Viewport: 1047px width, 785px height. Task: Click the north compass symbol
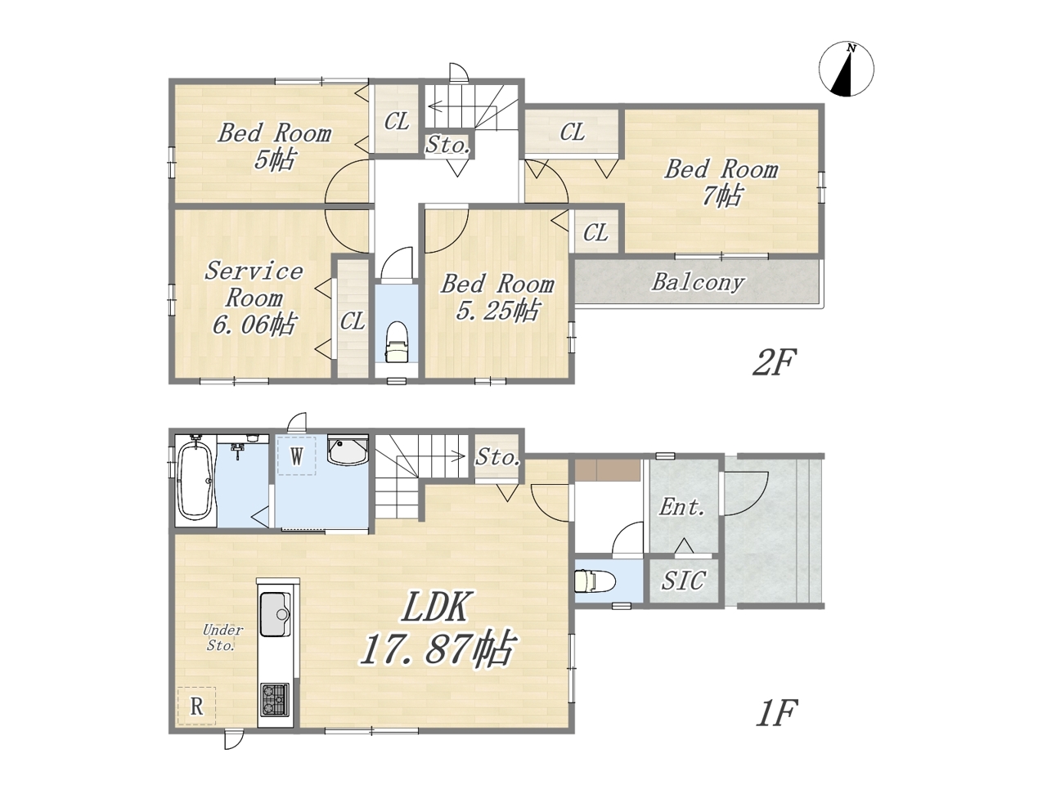(846, 69)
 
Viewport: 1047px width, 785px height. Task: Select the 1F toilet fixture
(595, 581)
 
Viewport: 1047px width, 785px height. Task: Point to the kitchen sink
(275, 614)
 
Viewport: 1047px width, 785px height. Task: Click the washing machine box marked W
(297, 455)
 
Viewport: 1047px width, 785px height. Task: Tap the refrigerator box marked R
(196, 706)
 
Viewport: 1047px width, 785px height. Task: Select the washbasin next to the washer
(348, 451)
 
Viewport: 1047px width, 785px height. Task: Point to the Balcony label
(698, 282)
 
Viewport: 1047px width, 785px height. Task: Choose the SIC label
(683, 581)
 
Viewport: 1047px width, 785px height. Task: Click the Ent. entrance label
(682, 507)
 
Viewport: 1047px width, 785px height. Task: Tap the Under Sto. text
(222, 638)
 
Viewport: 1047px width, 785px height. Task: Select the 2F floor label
(774, 362)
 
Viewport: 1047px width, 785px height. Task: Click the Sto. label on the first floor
(497, 458)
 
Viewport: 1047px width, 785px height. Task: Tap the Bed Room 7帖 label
(721, 182)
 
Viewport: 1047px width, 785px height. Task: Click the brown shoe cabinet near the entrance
(607, 470)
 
